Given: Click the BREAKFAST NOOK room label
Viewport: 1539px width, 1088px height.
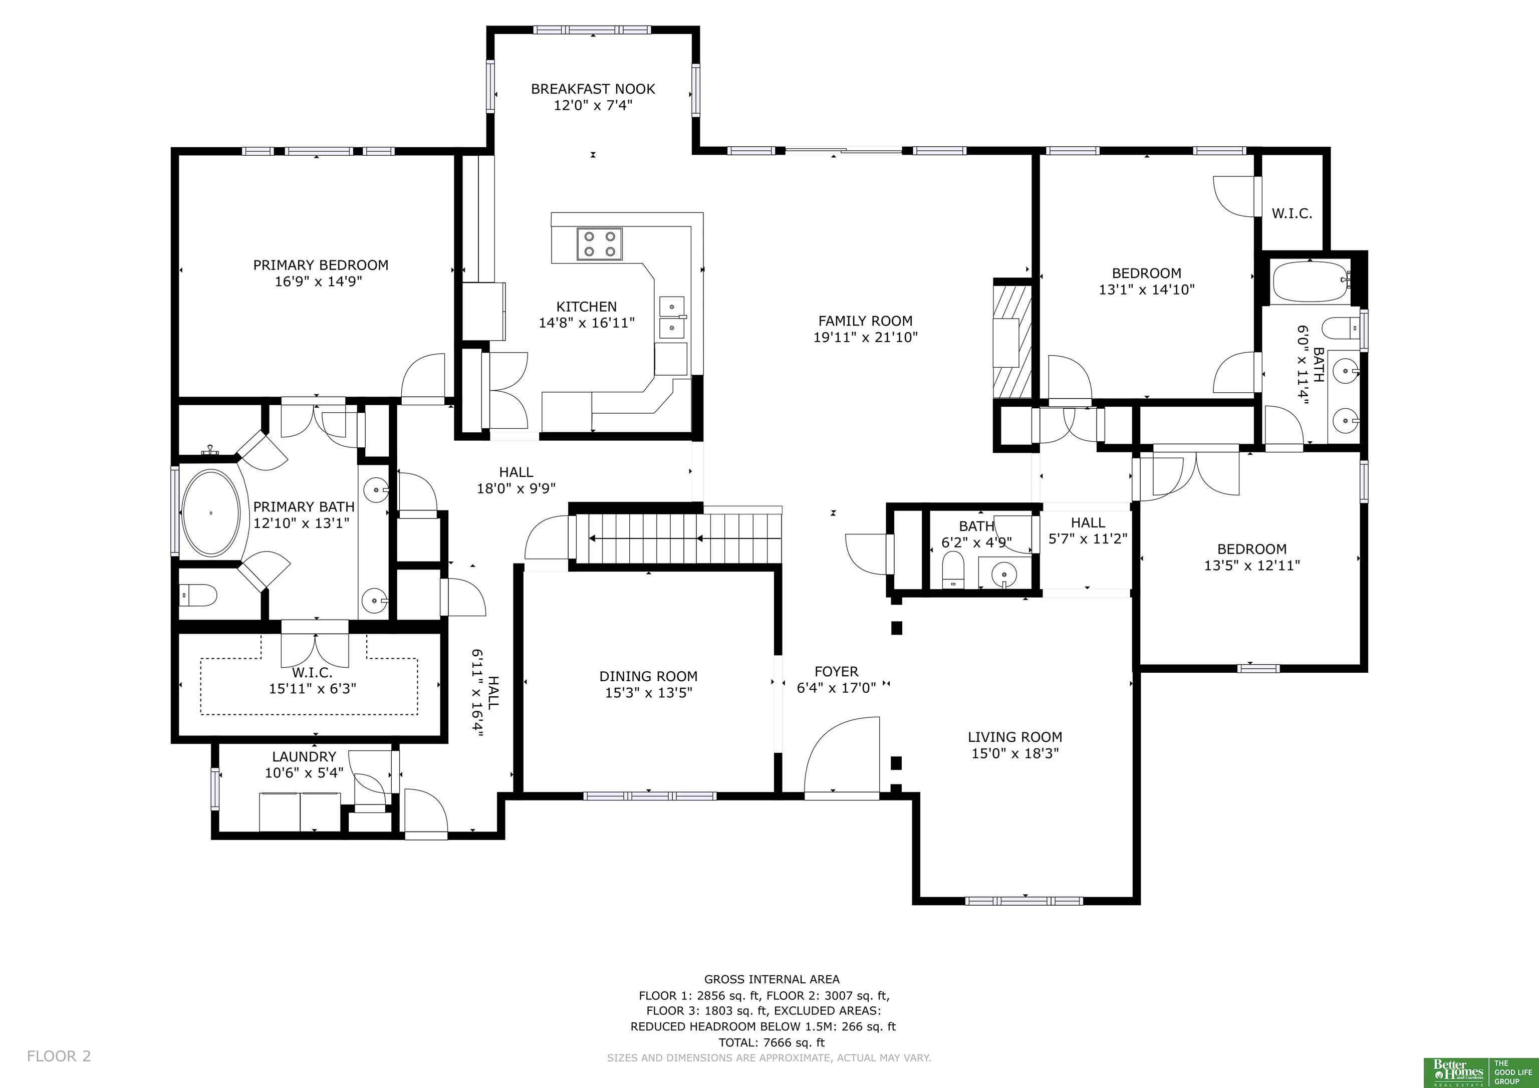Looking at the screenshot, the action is point(593,89).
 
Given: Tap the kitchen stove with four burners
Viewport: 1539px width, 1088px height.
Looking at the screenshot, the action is point(599,244).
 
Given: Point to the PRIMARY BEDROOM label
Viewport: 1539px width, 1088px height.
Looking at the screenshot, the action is point(321,265).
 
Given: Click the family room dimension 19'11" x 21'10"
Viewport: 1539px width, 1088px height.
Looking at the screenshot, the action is point(865,337).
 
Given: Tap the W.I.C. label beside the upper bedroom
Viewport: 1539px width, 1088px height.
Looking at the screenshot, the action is point(1292,214).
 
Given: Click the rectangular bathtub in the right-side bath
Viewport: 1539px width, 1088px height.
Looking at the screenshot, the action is point(1311,282).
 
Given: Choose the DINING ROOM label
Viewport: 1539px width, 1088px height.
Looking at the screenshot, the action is point(648,676).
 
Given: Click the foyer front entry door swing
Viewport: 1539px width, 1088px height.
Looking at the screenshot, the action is point(841,757).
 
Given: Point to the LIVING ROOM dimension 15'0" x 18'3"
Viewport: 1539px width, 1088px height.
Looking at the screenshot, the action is point(1015,753).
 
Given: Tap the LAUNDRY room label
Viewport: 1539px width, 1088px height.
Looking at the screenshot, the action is point(304,757).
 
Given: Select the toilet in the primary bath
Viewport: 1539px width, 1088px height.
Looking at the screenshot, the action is point(198,594).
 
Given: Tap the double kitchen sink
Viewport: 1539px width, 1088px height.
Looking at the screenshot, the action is point(672,317).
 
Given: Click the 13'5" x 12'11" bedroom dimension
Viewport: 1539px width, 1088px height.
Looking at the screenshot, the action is point(1251,565).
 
